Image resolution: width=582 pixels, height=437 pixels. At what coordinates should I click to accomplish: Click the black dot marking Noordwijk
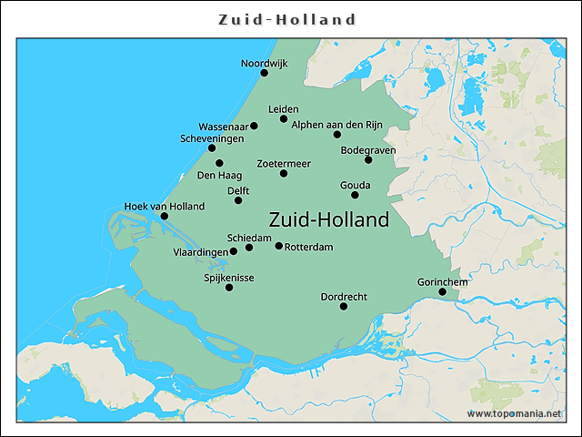click(265, 73)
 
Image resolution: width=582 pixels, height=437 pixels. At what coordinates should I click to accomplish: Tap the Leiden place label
click(283, 109)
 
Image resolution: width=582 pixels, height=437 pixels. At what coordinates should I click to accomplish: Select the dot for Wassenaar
click(254, 126)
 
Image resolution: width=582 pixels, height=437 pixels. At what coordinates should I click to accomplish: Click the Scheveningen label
click(211, 138)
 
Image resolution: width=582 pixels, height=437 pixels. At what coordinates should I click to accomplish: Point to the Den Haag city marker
click(219, 163)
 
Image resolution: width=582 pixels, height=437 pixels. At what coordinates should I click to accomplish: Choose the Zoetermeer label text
click(284, 163)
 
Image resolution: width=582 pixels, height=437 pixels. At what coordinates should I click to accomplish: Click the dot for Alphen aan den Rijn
click(337, 135)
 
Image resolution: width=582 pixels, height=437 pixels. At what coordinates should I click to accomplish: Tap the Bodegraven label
click(368, 150)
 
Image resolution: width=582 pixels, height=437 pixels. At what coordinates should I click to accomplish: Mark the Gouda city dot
click(355, 195)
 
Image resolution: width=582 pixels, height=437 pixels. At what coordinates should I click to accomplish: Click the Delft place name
click(238, 190)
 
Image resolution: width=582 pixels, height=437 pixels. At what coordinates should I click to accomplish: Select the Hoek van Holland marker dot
click(164, 216)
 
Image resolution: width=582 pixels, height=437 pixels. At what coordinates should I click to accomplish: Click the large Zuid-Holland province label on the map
click(329, 219)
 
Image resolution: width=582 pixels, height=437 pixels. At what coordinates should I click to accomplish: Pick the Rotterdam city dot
click(278, 246)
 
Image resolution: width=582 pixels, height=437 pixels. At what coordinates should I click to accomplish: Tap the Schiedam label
click(249, 237)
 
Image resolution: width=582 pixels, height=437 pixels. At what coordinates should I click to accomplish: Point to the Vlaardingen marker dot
click(234, 251)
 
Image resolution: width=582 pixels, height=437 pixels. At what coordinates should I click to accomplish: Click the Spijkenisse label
click(229, 278)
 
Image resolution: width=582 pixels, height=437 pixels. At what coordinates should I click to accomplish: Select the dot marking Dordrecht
click(344, 306)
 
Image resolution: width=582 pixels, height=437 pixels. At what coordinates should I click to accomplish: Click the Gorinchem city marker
click(443, 291)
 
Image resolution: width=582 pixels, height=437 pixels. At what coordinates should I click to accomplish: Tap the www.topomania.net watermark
click(514, 413)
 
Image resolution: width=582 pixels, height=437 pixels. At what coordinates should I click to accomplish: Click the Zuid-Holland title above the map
click(288, 19)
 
